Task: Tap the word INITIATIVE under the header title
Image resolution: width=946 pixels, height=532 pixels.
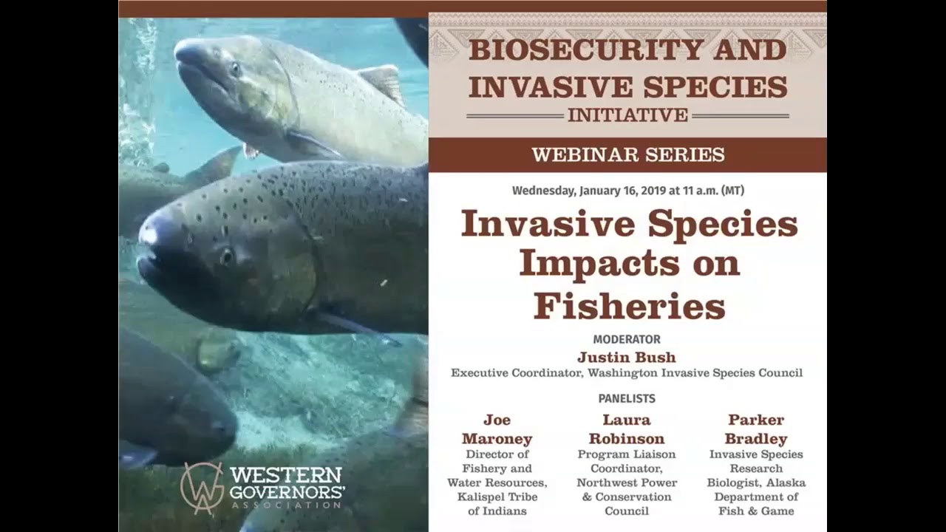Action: coord(627,115)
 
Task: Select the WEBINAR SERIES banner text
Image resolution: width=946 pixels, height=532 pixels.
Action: coord(627,155)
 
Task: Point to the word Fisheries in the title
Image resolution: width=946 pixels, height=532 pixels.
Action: coord(629,305)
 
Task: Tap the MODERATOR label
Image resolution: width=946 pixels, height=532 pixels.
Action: coord(627,340)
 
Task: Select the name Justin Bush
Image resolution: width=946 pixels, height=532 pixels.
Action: coord(627,358)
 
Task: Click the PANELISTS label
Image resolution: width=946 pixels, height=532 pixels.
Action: coord(627,399)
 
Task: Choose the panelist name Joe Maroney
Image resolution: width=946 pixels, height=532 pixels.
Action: coord(497,429)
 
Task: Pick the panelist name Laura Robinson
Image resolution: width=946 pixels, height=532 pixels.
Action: coord(627,429)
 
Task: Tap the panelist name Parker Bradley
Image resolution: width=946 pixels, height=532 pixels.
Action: coord(756,429)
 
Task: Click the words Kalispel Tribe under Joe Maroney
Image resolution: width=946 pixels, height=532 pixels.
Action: coord(497,497)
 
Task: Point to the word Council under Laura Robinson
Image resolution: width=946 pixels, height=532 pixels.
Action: coord(627,511)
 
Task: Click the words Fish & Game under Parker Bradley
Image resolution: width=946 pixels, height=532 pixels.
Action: coord(756,511)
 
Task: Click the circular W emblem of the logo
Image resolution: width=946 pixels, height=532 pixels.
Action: coord(201,487)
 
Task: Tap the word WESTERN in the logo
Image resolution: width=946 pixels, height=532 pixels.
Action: coord(285,474)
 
